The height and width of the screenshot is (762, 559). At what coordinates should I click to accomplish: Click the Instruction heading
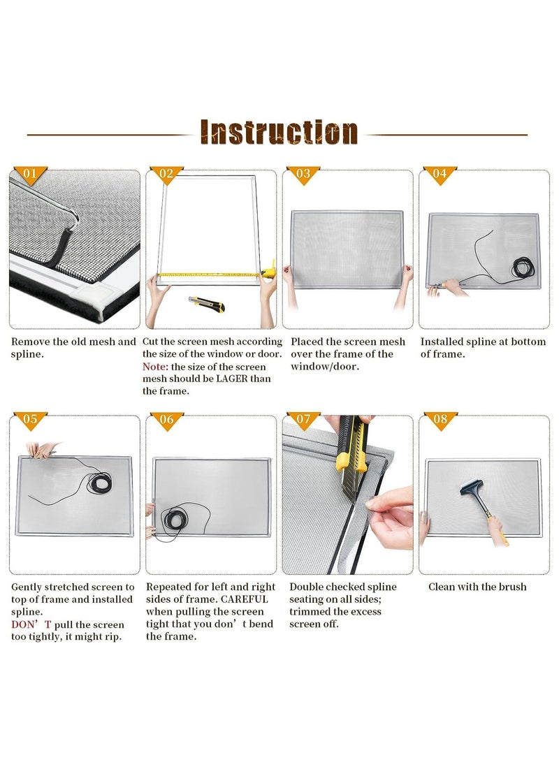(279, 132)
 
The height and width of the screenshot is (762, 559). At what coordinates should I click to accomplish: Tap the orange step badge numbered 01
(30, 175)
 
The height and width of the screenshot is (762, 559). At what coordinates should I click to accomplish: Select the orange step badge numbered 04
(440, 175)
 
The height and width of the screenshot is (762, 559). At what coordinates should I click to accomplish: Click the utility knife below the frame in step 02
(207, 304)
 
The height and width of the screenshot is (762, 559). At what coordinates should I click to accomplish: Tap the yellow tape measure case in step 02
(269, 272)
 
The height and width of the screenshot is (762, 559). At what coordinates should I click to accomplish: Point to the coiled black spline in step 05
(99, 482)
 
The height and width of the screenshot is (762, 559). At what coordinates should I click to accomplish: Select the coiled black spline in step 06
(173, 518)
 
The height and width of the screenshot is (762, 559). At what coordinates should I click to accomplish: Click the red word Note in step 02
(155, 367)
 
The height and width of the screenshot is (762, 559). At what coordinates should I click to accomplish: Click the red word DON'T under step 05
(31, 624)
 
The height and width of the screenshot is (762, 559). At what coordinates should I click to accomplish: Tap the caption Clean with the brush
(477, 587)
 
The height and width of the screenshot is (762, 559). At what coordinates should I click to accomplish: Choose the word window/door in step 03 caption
(325, 367)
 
